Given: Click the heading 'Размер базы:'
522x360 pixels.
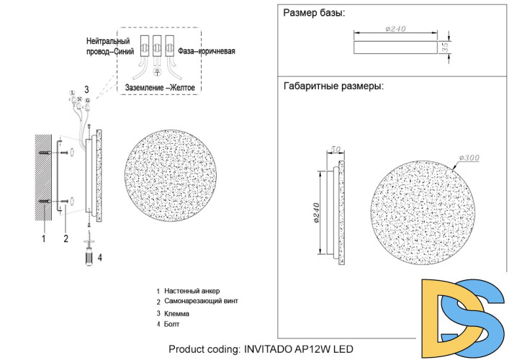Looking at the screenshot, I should click(314, 13).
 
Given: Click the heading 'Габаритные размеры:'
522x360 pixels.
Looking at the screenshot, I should click(333, 86).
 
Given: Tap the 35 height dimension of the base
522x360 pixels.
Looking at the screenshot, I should click(446, 47).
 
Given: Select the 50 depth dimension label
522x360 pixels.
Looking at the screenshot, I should click(335, 150).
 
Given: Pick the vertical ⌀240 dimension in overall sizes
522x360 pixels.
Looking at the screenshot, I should click(316, 213).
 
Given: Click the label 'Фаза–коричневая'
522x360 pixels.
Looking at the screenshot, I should click(206, 52).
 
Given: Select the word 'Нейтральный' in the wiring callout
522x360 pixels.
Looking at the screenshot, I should click(108, 42).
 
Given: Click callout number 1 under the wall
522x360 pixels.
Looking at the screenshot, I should click(43, 238).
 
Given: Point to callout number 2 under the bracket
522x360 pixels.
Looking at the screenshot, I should click(66, 238).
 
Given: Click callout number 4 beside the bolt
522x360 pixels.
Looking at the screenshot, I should click(99, 256).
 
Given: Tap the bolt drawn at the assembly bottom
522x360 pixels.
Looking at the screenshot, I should click(88, 255).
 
